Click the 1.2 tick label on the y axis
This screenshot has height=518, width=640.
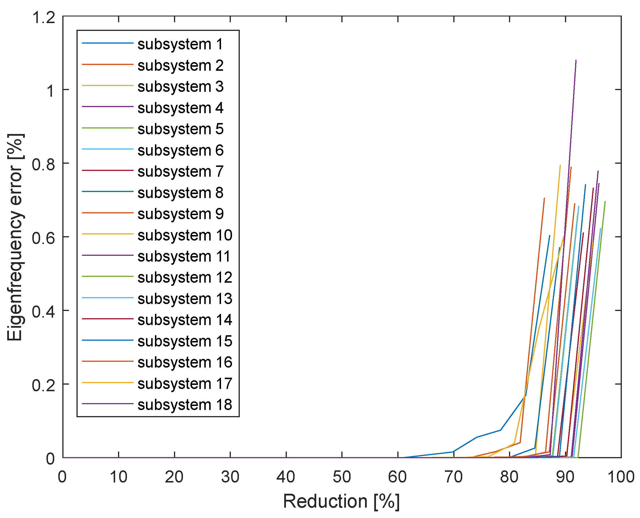(44, 17)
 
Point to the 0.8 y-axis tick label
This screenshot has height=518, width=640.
(44, 164)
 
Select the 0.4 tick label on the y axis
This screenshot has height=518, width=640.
(44, 312)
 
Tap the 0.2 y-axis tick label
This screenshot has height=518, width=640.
(44, 385)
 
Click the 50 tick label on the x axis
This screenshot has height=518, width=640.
(341, 477)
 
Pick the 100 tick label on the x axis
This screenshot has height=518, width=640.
(621, 477)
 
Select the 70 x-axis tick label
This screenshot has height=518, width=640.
(453, 477)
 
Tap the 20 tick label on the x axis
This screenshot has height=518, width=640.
(174, 477)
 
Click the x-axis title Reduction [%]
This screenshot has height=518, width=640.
(341, 501)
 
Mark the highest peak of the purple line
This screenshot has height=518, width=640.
(576, 61)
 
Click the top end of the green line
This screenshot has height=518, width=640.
(605, 202)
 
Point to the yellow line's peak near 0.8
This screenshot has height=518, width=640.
(560, 165)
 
